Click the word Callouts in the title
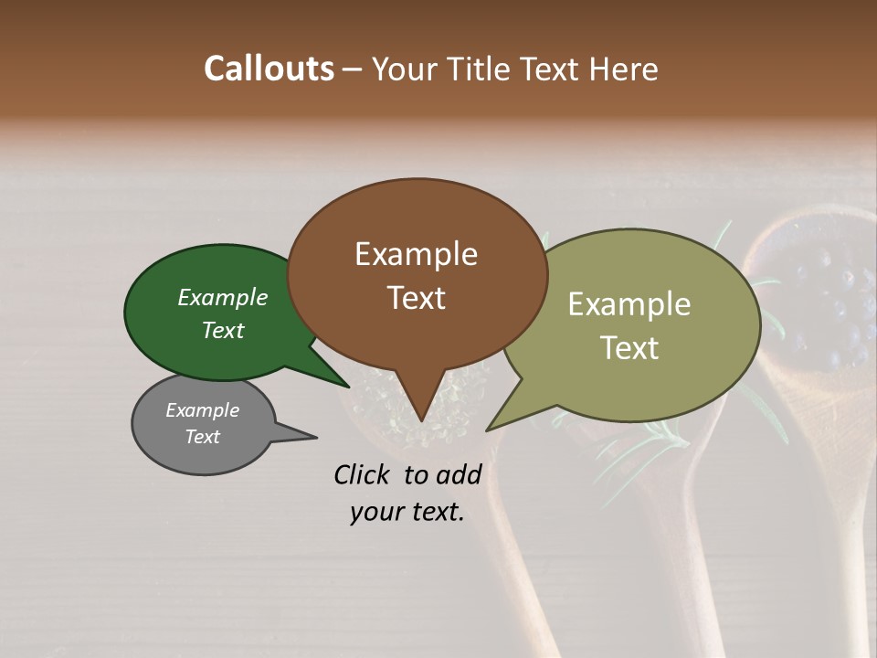click(x=269, y=69)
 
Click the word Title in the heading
click(x=485, y=69)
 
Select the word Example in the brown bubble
click(x=416, y=254)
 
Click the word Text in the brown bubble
click(x=416, y=298)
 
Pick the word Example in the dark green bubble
click(x=223, y=297)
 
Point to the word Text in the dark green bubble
click(x=223, y=330)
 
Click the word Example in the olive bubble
click(x=629, y=304)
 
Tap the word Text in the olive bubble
click(x=629, y=348)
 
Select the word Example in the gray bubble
click(x=202, y=410)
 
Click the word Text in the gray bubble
click(x=202, y=437)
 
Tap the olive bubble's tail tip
click(x=489, y=429)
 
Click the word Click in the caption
click(x=364, y=474)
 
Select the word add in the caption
click(x=457, y=474)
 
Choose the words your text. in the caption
click(x=407, y=512)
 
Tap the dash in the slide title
click(x=353, y=69)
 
